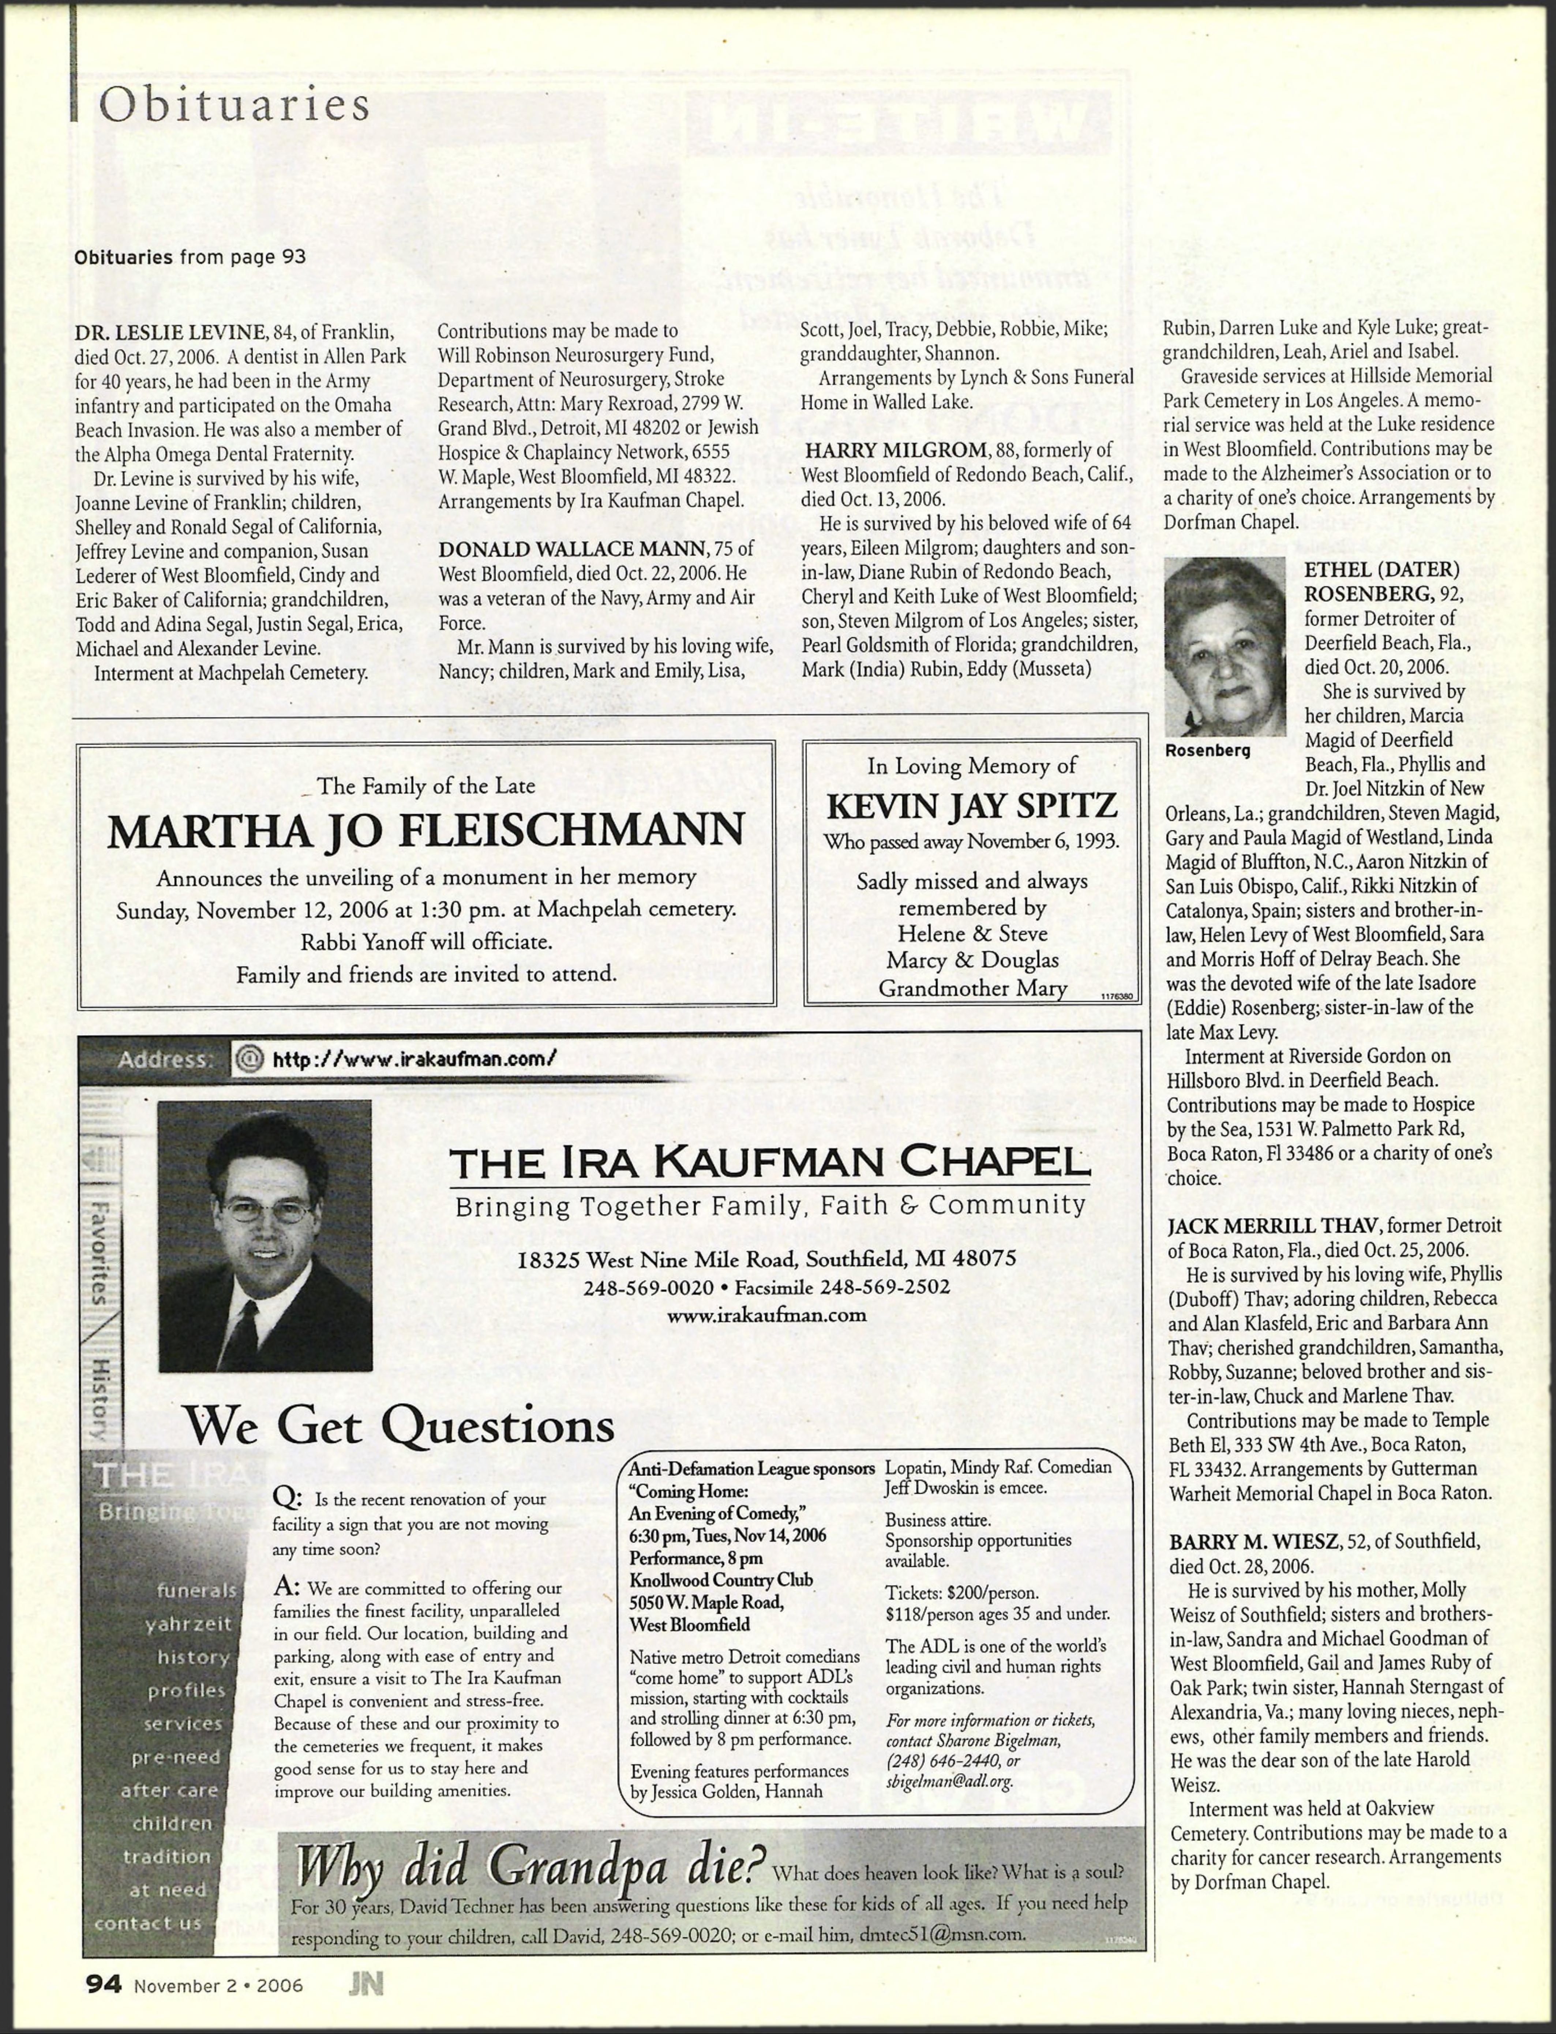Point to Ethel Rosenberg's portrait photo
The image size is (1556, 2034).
(1225, 647)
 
